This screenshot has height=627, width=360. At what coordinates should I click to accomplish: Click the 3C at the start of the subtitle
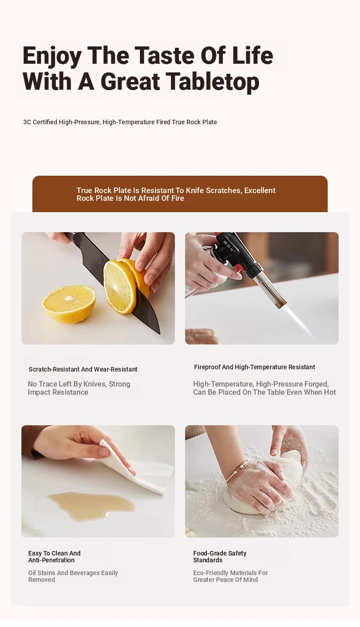point(27,122)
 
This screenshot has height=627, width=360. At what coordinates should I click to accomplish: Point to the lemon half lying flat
point(69,303)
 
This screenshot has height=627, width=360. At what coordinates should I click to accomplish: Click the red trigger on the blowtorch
point(239,269)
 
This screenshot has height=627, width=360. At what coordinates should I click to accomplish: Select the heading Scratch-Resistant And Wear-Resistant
point(83,369)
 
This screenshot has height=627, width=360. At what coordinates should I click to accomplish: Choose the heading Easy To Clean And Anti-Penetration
point(54,556)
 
